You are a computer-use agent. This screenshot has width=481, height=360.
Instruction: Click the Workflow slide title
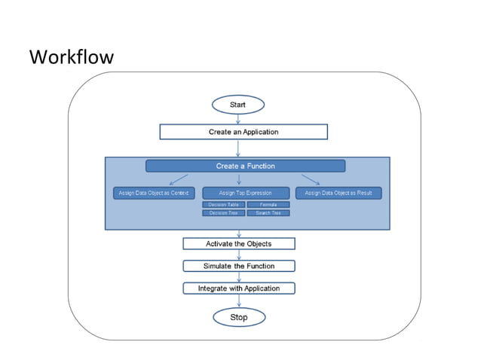[x=71, y=56]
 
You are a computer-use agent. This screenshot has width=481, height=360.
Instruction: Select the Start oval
[x=238, y=104]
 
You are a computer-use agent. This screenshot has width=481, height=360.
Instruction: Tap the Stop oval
[x=238, y=317]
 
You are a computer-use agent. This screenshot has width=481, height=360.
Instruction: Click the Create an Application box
[x=243, y=132]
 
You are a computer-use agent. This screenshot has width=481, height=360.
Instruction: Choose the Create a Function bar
[x=245, y=166]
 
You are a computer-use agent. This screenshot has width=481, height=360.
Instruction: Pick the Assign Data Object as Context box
[x=153, y=193]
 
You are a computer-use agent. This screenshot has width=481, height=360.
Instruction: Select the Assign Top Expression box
[x=245, y=193]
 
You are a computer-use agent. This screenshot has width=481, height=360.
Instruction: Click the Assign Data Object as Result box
[x=339, y=193]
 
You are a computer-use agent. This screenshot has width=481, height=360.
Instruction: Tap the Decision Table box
[x=223, y=204]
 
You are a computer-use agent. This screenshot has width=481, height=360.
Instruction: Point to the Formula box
[x=268, y=204]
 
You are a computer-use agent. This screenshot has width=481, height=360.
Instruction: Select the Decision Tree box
[x=223, y=213]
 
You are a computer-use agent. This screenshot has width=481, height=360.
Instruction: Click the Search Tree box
[x=268, y=213]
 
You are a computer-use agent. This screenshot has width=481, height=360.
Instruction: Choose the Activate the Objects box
[x=238, y=243]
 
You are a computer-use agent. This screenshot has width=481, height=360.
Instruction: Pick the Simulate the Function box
[x=238, y=266]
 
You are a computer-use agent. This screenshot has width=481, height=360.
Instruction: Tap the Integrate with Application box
[x=238, y=288]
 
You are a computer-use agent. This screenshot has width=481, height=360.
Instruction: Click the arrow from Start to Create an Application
[x=238, y=118]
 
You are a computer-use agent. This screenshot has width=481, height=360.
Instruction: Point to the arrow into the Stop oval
[x=238, y=301]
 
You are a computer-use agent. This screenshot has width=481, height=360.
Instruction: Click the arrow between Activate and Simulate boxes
[x=238, y=255]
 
